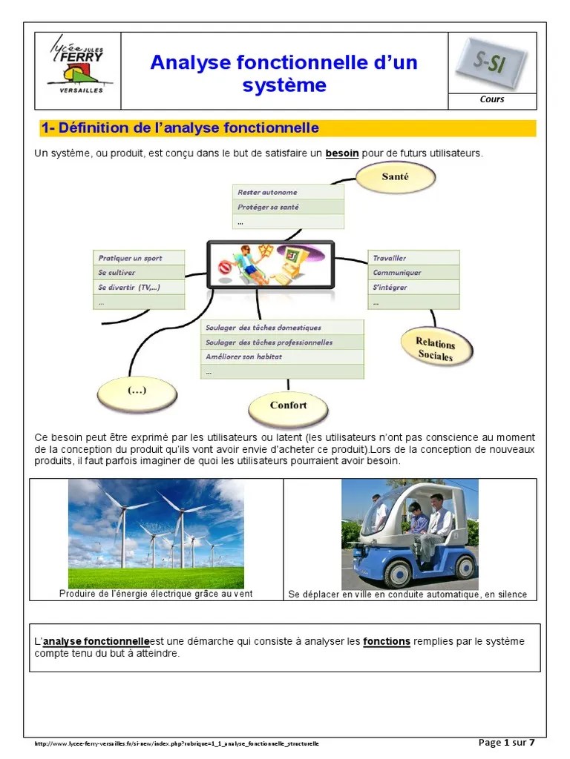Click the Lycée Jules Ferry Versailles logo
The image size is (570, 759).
(76, 64)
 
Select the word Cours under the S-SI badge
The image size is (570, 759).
(491, 99)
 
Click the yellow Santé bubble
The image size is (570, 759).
(395, 177)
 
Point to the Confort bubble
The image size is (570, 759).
(288, 405)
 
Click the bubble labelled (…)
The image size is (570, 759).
(137, 391)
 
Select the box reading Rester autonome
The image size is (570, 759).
(287, 192)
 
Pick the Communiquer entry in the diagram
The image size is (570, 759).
(413, 273)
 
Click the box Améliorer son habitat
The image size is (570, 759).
(283, 357)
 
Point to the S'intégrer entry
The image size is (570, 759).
(413, 288)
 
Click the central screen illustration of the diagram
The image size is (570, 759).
(270, 265)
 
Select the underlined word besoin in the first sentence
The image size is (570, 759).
(341, 153)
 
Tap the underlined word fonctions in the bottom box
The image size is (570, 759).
(386, 641)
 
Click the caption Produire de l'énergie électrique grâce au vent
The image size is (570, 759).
(156, 594)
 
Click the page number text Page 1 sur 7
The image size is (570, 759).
(507, 743)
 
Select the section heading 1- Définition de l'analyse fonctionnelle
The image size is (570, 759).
(181, 128)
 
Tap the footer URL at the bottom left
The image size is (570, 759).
(177, 743)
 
